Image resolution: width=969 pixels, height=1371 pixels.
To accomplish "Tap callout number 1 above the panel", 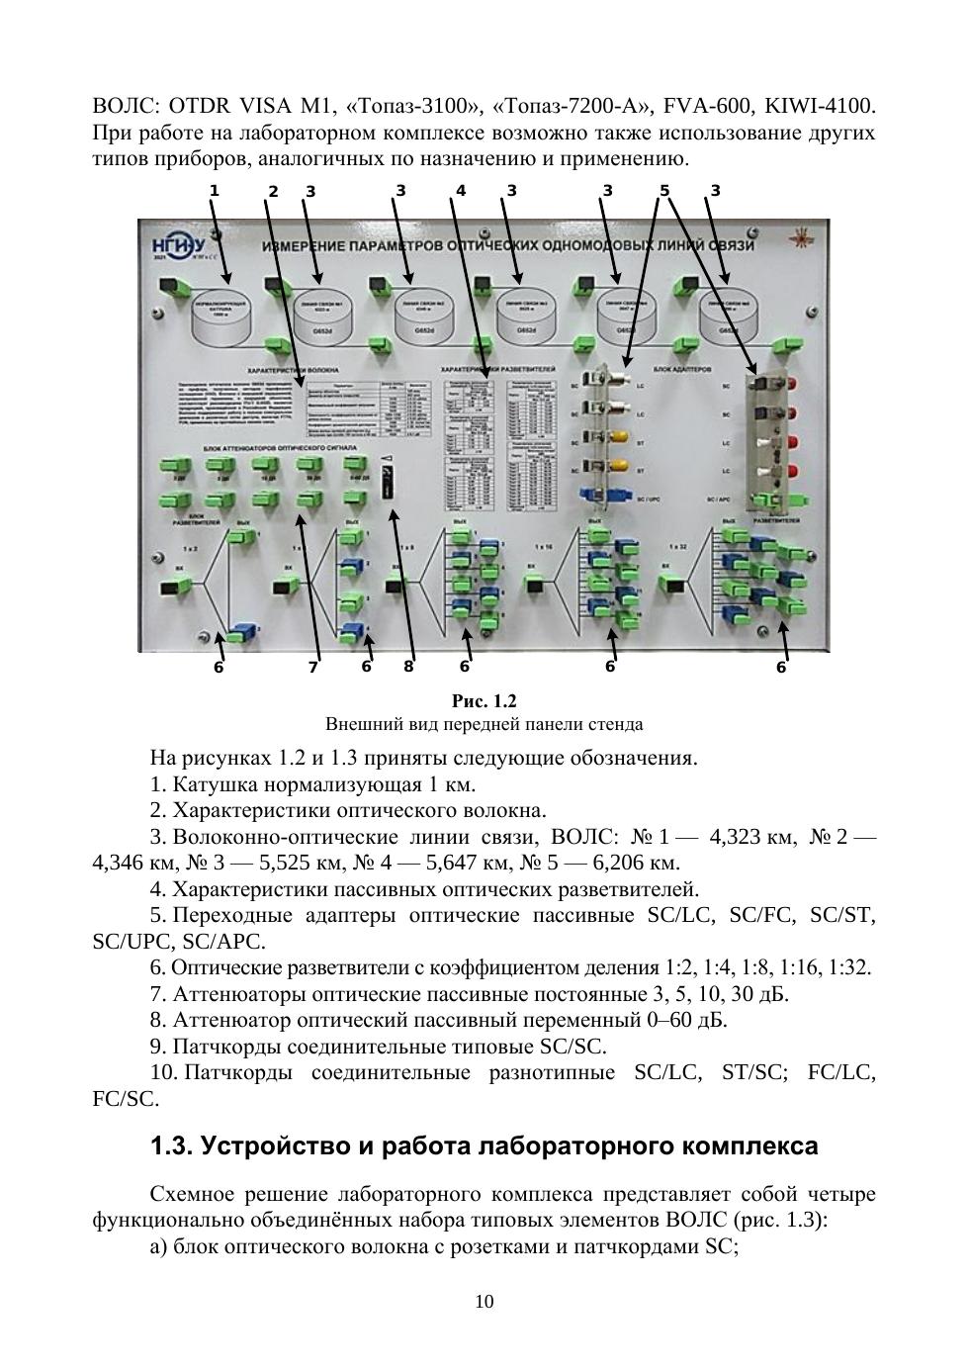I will coord(214,190).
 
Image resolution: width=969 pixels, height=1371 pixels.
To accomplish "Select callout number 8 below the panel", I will coord(408,667).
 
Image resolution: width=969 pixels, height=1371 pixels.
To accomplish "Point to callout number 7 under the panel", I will coord(313,668).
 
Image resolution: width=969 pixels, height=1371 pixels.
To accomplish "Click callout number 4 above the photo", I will coord(461,191).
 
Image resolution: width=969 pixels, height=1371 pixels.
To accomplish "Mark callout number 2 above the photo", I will coord(273,192).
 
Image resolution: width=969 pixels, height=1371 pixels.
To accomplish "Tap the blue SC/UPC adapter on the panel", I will coord(592,498).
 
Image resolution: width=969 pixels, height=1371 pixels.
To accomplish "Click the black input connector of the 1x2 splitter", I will coord(173,590).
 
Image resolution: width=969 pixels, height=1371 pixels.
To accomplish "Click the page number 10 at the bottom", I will coord(484,1302).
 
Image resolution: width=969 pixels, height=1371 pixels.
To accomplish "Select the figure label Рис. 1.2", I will coord(484,701).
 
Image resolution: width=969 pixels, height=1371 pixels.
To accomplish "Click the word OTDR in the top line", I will coord(200,106).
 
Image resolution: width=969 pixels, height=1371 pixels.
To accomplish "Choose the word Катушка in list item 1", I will coord(211,785).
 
